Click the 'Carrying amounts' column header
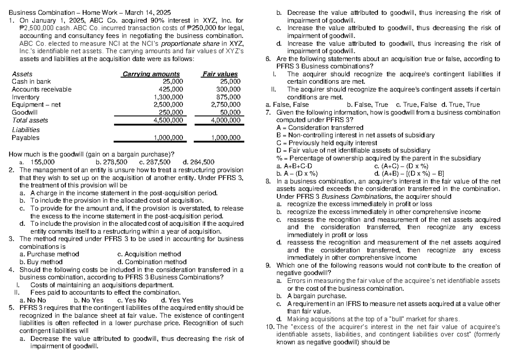click(151, 74)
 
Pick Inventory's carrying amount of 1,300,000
click(168, 97)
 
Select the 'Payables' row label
click(25, 138)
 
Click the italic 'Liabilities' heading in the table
click(25, 130)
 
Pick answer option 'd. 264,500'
click(198, 162)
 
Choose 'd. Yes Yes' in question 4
click(177, 300)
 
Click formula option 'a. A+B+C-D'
click(294, 166)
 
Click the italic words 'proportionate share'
click(176, 43)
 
